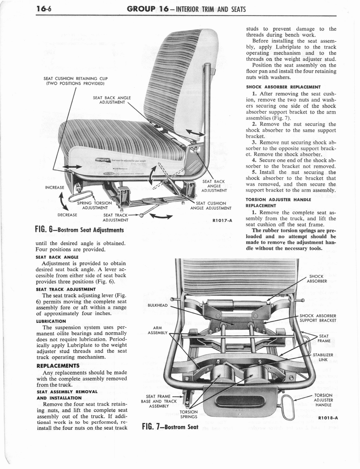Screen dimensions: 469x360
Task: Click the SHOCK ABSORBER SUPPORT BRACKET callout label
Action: click(318, 318)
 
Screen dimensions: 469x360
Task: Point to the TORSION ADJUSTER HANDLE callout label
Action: click(323, 400)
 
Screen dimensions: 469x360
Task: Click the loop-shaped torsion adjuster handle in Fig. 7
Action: click(288, 407)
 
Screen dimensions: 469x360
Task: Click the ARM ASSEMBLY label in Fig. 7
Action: click(158, 330)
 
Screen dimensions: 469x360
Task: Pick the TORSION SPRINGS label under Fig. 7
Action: click(188, 414)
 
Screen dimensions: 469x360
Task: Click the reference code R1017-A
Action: click(223, 221)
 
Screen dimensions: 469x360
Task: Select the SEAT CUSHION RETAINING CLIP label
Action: click(76, 81)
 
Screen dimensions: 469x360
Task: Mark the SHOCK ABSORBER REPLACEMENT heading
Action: click(282, 87)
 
